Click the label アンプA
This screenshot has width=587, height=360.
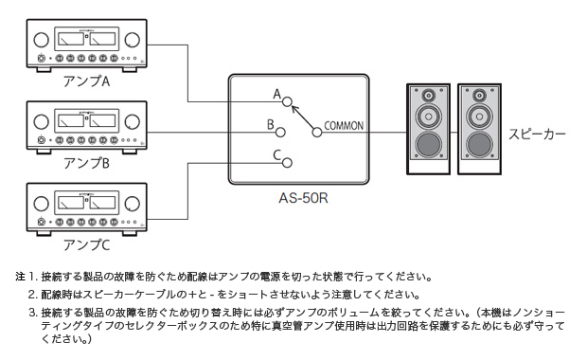[x=87, y=81]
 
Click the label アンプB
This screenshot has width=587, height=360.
[x=87, y=162]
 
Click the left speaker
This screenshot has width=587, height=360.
[x=427, y=129]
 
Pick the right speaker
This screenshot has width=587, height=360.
[x=479, y=129]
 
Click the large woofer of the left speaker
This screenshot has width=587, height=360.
[x=427, y=145]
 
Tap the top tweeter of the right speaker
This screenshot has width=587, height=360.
[x=479, y=97]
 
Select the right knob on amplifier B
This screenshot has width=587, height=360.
[x=133, y=121]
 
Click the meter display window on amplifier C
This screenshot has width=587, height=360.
[x=87, y=202]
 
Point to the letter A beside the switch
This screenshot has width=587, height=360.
[x=276, y=95]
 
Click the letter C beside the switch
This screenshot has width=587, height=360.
[x=276, y=154]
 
